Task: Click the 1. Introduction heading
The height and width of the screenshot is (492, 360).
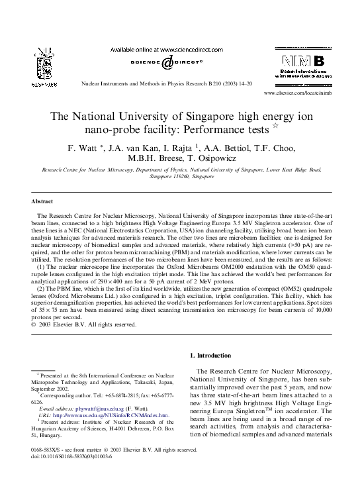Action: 212,356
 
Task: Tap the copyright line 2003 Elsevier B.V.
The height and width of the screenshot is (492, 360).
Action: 83,324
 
